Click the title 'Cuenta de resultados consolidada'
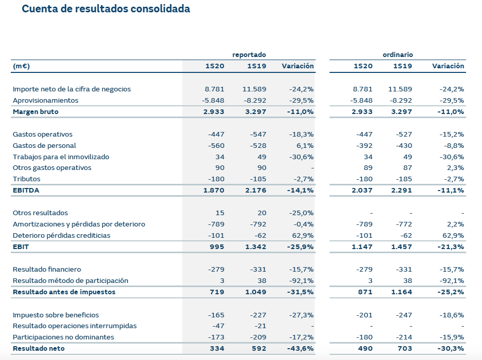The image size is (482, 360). coord(106,9)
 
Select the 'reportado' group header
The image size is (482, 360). coord(249,54)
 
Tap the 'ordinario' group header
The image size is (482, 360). coord(397,54)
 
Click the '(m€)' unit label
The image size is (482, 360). coord(21,66)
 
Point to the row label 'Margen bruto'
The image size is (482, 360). coord(35,111)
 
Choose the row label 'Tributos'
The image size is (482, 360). coord(27,179)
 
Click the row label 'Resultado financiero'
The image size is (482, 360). coord(47,269)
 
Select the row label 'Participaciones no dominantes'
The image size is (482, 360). coord(63,337)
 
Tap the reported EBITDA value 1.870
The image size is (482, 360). coord(214,190)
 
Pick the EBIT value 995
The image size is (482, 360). coord(218,247)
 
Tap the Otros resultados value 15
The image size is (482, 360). coord(220,213)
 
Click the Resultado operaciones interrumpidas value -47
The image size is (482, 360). coord(218,326)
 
